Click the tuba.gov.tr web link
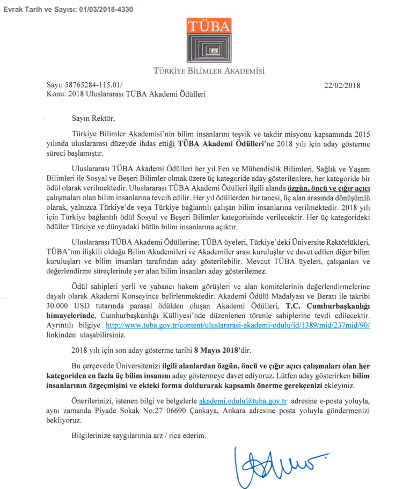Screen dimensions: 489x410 coord(238,326)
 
